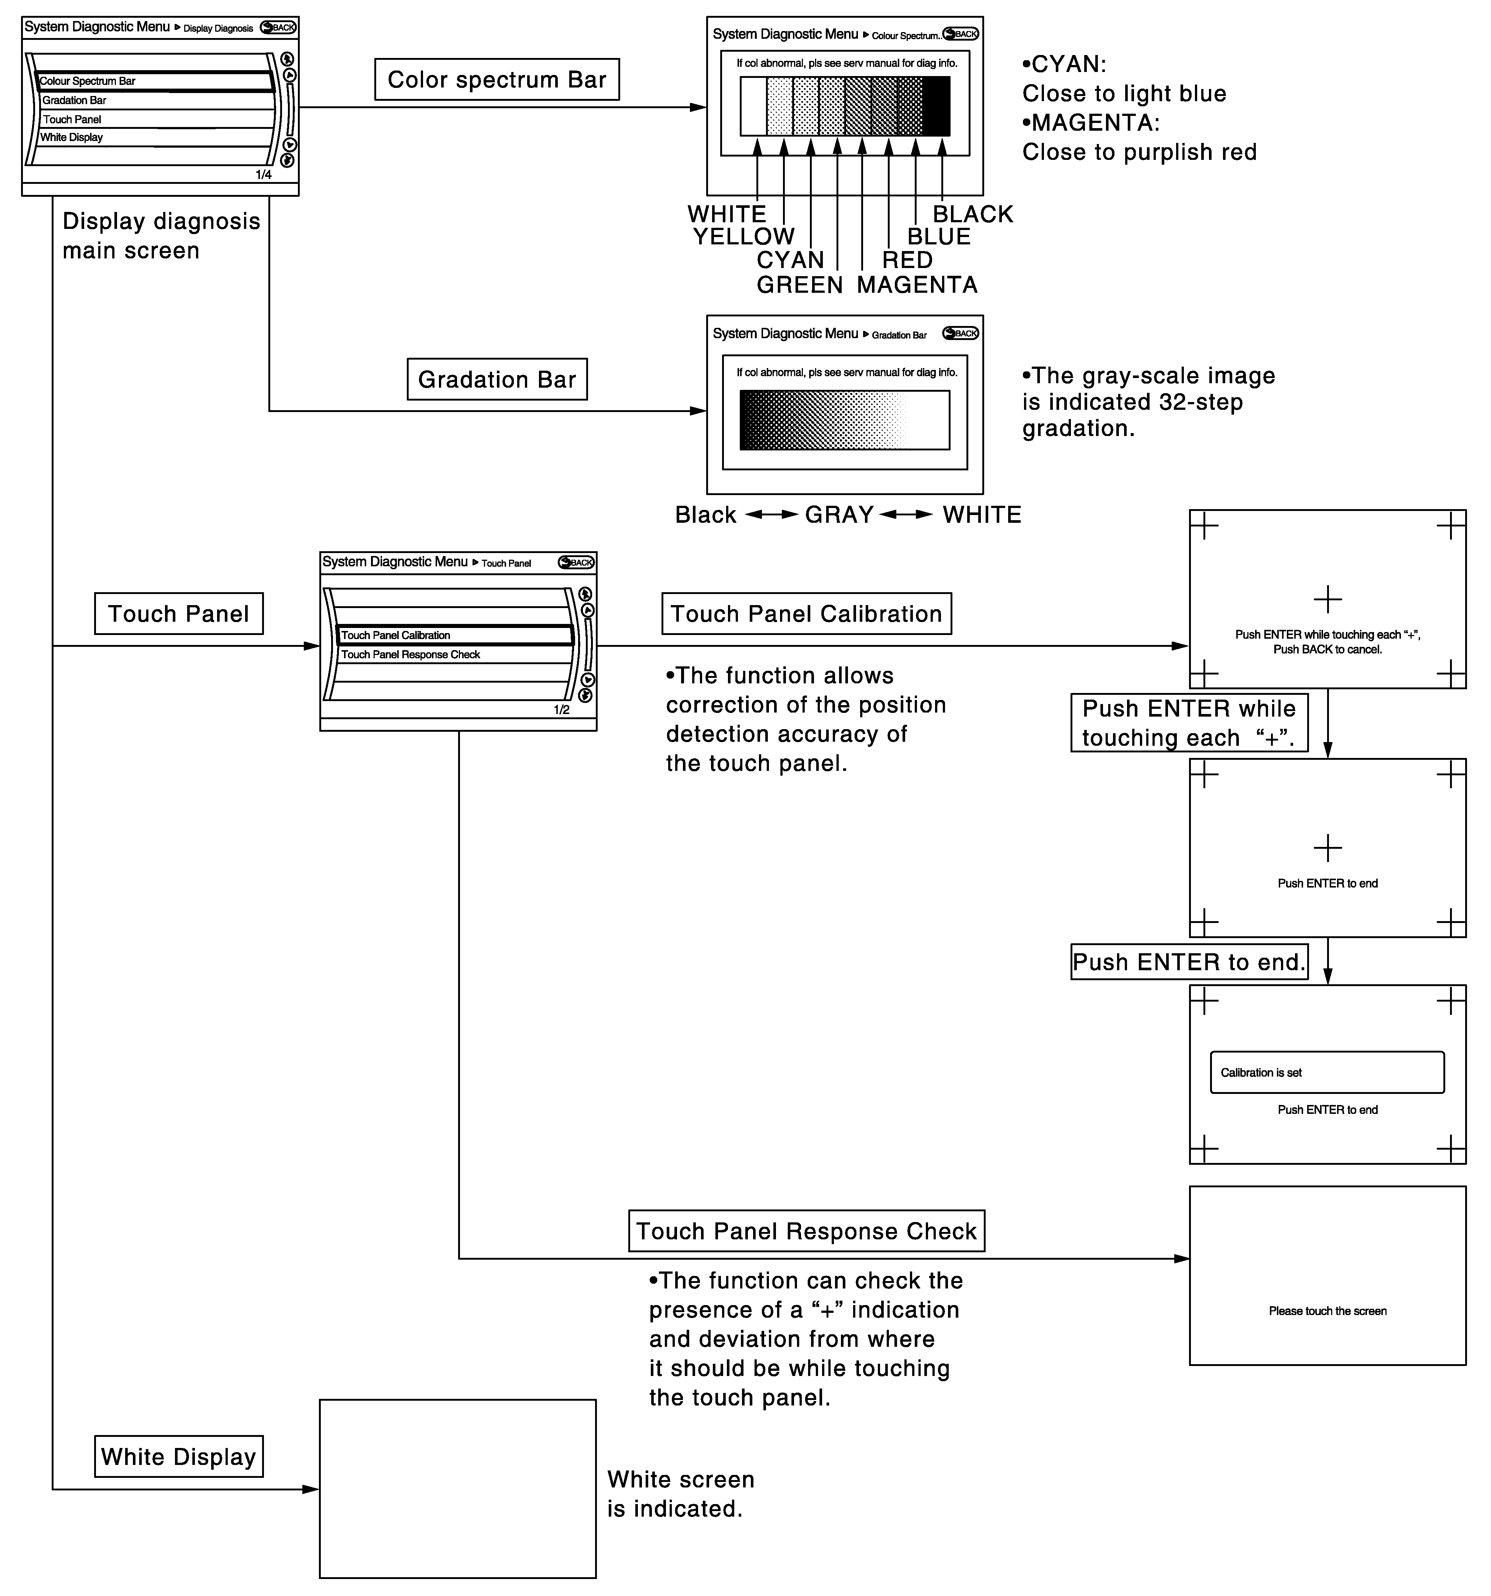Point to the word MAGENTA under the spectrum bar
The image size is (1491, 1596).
(917, 285)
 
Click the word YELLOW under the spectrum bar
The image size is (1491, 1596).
(743, 237)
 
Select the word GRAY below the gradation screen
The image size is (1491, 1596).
(839, 515)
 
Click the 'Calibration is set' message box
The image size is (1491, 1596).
(1326, 1072)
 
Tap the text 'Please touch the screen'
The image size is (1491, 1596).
(1327, 1311)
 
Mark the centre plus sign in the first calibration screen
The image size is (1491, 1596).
(1327, 599)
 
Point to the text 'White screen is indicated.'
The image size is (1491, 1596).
(680, 1494)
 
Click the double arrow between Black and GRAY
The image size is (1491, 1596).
(771, 515)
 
